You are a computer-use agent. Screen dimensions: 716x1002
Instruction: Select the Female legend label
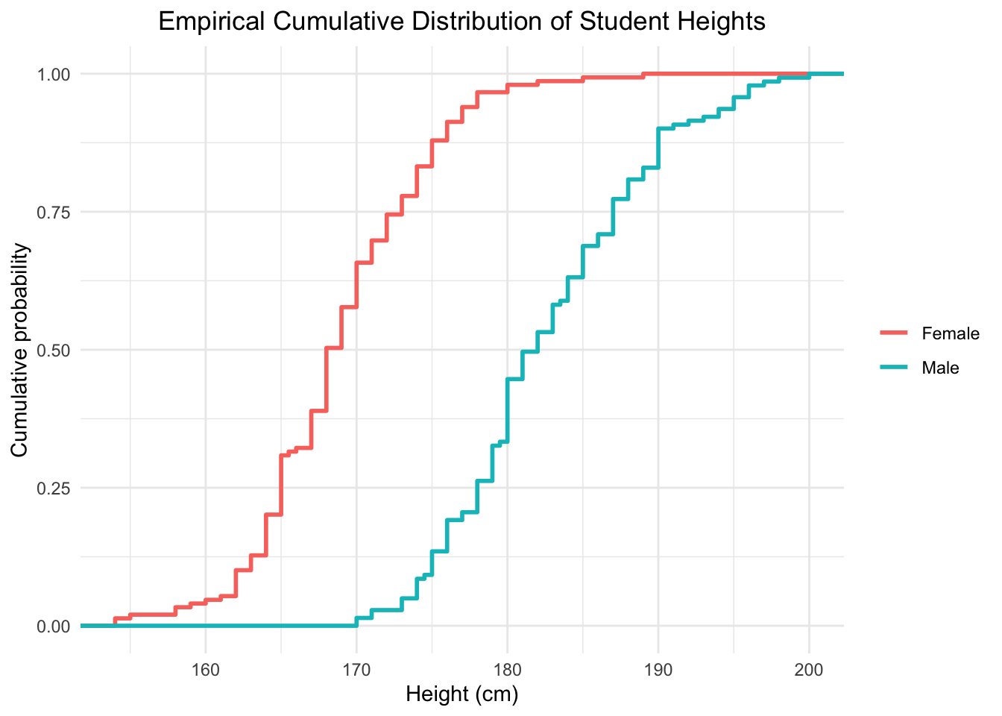[950, 333]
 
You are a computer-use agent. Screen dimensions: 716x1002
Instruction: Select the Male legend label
[940, 368]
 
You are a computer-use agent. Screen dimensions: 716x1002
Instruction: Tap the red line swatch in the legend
[894, 333]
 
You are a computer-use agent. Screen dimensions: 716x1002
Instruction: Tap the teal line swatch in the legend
[894, 368]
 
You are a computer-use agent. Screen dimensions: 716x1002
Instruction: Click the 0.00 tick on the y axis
[54, 626]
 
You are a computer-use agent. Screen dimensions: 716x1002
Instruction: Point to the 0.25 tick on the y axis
[54, 488]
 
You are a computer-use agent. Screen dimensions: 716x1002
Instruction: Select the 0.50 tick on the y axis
[54, 350]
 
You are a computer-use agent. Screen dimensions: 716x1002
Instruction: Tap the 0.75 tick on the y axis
[54, 212]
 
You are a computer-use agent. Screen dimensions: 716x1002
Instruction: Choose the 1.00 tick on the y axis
[54, 74]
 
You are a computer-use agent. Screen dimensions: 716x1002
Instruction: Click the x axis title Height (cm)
[461, 695]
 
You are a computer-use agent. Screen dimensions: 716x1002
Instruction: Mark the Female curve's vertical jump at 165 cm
[281, 485]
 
